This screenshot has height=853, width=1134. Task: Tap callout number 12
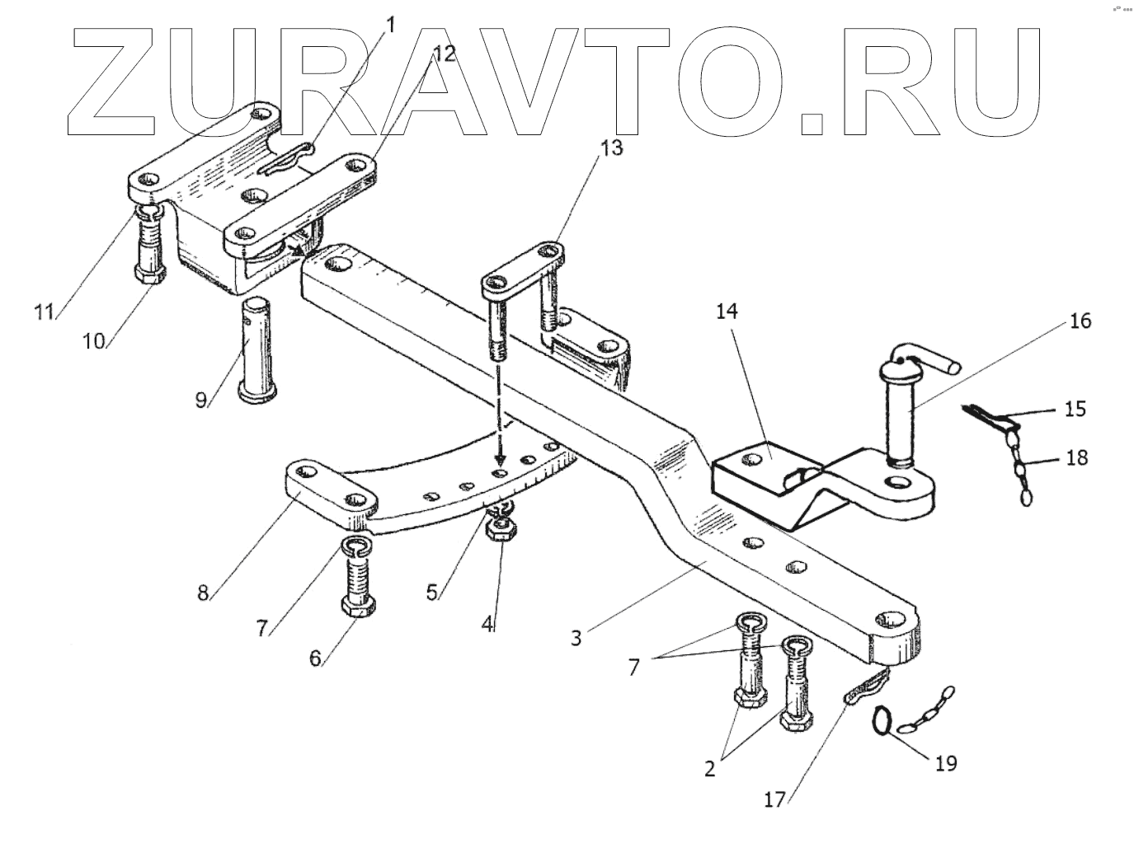(x=443, y=54)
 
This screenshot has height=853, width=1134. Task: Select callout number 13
(x=611, y=148)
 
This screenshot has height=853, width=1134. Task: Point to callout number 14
(x=727, y=312)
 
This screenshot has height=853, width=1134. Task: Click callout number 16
(x=1081, y=321)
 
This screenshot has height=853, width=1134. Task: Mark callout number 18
(x=1075, y=457)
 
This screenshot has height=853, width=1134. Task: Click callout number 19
(x=945, y=763)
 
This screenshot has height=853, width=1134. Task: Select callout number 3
(x=576, y=637)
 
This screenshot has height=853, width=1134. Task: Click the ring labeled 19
(x=882, y=721)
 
